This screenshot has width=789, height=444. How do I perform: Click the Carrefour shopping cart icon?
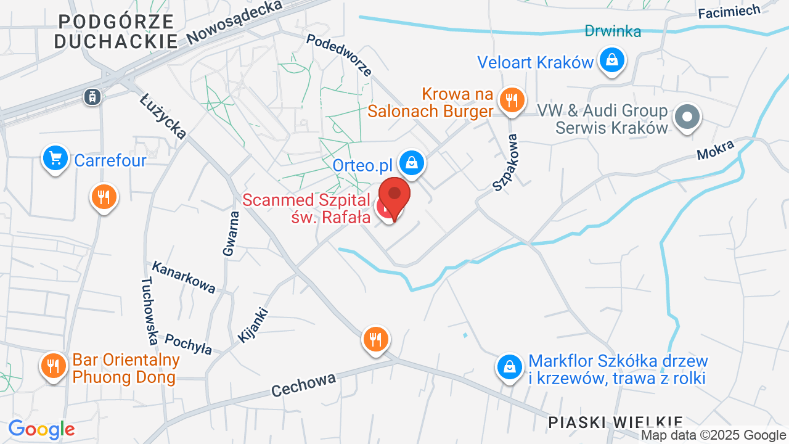55,158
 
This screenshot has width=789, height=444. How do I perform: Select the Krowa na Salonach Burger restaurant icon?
511,99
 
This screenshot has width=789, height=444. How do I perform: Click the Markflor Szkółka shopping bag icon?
510,366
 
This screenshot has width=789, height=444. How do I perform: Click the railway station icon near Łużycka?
92,96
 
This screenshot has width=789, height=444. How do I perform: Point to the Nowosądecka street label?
234,22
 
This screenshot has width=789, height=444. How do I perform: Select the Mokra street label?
716,150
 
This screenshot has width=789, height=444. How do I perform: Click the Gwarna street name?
231,233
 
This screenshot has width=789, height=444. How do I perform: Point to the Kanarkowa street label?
184,277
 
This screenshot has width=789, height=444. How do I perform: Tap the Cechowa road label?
304,384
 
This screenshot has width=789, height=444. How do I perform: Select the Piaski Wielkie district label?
615,422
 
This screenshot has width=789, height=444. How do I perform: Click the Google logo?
41,429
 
